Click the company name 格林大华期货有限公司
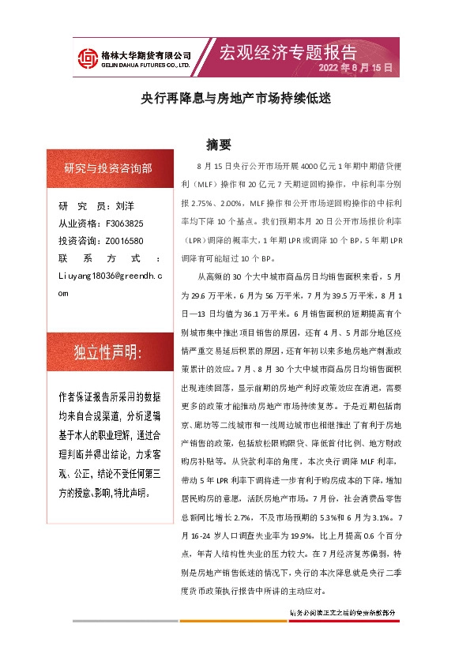click(147, 54)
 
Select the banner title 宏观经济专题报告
click(288, 52)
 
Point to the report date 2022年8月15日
click(355, 69)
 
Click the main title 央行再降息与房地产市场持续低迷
click(235, 100)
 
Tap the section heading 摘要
click(217, 145)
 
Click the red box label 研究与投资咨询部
click(108, 169)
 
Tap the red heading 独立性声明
click(107, 353)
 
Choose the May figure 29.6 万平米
click(199, 295)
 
